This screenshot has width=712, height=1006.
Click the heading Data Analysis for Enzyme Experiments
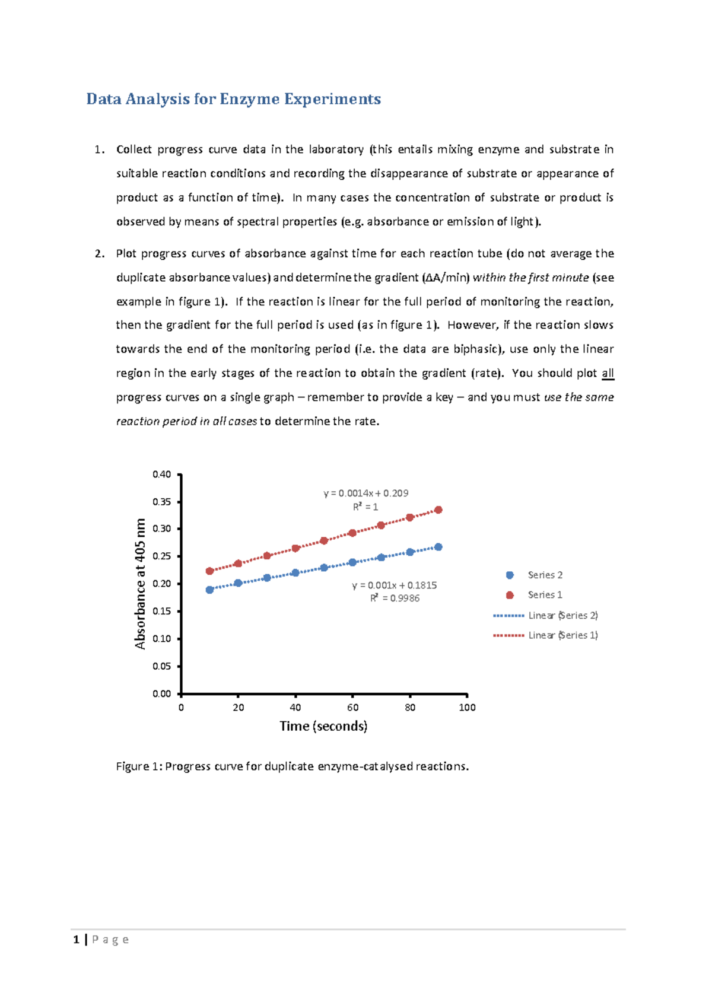click(x=233, y=98)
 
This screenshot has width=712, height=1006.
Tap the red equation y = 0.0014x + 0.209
click(x=365, y=493)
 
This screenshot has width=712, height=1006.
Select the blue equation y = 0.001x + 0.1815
click(x=394, y=585)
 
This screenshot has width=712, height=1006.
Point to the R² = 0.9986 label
click(x=395, y=598)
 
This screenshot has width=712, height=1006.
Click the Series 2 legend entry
click(x=544, y=575)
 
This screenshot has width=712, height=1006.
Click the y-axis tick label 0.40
click(x=161, y=474)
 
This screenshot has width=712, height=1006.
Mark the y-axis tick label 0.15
click(x=161, y=611)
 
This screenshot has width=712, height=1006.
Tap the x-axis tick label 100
click(x=467, y=707)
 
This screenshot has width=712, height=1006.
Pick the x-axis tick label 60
click(x=352, y=707)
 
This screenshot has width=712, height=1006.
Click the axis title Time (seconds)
click(x=323, y=726)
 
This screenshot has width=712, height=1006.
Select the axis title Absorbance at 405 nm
click(x=140, y=584)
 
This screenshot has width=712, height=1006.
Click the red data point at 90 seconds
click(x=438, y=510)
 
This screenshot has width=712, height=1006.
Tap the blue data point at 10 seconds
click(x=209, y=590)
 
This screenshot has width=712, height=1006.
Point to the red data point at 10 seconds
click(x=209, y=571)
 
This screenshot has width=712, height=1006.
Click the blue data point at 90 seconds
click(x=438, y=547)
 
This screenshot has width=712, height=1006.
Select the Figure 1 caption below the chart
click(x=292, y=766)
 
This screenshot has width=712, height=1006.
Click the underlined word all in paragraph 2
click(x=608, y=373)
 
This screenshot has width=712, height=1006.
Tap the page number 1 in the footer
click(x=76, y=940)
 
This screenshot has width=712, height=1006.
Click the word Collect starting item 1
click(x=133, y=149)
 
